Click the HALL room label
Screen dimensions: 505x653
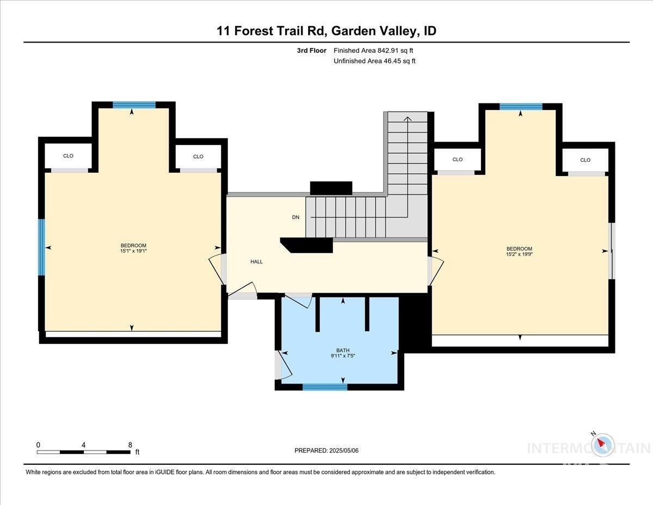(256, 261)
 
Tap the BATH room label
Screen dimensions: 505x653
(342, 350)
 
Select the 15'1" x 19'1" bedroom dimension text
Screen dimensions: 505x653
(133, 252)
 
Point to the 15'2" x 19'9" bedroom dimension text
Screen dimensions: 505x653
(519, 254)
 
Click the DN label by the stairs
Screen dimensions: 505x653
(295, 217)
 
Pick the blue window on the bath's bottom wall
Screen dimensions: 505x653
(325, 387)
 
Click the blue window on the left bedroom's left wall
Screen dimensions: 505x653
(41, 247)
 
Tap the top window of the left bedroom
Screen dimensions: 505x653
(134, 105)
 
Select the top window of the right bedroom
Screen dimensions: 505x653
(521, 107)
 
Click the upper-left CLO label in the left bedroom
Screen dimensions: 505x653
(68, 156)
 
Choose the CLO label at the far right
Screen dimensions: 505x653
(585, 160)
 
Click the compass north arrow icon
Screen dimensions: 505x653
(602, 445)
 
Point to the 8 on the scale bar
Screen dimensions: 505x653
(130, 445)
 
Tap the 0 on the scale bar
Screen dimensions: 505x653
(38, 445)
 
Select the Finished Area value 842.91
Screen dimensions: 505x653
(392, 51)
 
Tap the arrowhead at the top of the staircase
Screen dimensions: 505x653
(407, 117)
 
